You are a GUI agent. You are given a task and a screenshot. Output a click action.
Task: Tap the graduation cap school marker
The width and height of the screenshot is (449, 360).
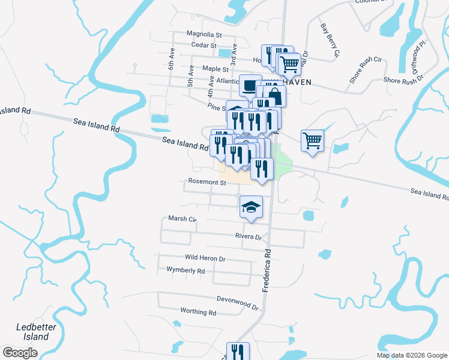(x=252, y=208)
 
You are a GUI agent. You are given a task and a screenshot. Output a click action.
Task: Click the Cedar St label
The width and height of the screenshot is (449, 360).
(x=203, y=45)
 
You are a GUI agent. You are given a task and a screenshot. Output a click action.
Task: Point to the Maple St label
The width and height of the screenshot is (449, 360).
(x=212, y=69)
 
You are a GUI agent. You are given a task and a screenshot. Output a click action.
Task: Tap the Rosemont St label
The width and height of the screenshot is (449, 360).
(x=206, y=182)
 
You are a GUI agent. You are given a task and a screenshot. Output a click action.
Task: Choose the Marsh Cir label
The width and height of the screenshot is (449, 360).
(x=182, y=219)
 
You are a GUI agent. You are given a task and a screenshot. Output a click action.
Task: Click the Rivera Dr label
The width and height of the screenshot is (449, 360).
(x=249, y=237)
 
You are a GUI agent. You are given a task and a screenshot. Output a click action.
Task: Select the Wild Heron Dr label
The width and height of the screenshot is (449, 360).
(x=205, y=258)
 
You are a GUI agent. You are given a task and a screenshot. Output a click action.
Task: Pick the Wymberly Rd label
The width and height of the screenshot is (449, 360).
(x=185, y=271)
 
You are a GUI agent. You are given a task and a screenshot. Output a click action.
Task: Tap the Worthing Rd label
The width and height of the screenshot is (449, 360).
(x=197, y=312)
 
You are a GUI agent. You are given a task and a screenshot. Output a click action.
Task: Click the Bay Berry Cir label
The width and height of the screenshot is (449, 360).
(x=330, y=41)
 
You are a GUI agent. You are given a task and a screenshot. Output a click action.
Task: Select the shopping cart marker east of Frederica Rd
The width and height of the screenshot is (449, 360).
(x=312, y=142)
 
